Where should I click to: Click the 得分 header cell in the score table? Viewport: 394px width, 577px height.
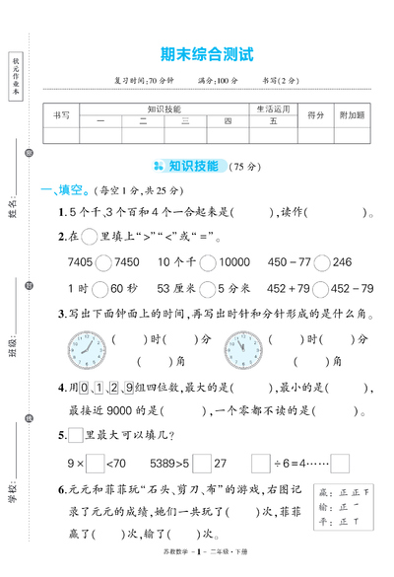pos(316,115)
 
